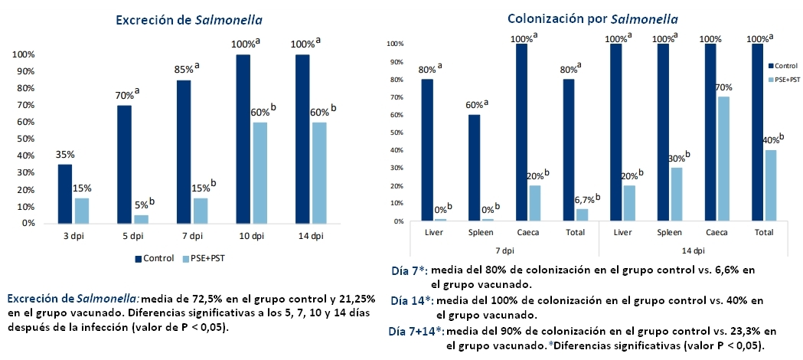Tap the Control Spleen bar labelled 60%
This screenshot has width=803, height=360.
(474, 168)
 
